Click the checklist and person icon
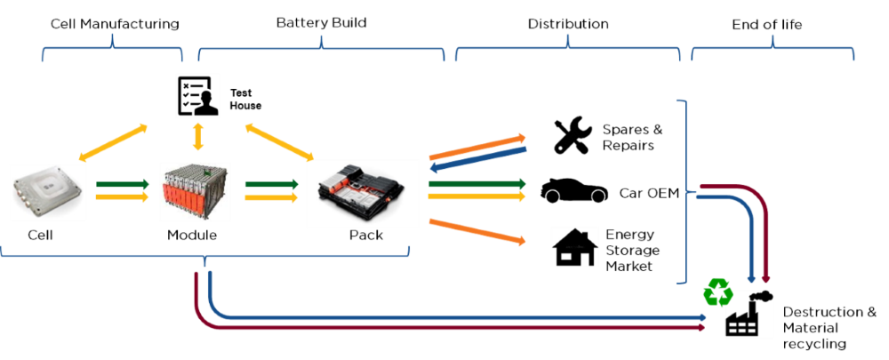click(197, 96)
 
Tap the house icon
click(575, 246)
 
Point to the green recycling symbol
click(717, 292)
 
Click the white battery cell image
click(48, 191)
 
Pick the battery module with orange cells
click(196, 191)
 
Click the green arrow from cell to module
click(123, 185)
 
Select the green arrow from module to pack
click(271, 185)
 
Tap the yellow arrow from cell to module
click(123, 197)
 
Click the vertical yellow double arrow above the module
click(197, 139)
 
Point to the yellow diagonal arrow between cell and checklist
click(113, 143)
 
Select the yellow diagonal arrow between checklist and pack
click(275, 140)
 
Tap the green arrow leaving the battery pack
click(477, 184)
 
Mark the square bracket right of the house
click(685, 191)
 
